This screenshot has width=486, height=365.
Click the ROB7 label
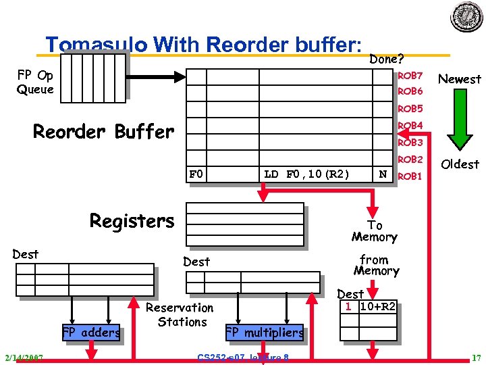(x=410, y=76)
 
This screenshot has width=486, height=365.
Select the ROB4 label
(x=410, y=126)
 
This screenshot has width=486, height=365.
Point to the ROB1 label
(x=410, y=176)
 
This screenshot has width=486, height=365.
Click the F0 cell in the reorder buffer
(x=196, y=174)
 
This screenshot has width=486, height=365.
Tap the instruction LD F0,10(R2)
(x=306, y=174)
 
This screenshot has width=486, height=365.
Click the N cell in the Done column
(x=383, y=174)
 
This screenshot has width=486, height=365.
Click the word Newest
(x=460, y=79)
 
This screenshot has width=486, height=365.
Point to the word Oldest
(x=460, y=164)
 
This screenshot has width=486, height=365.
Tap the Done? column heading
(x=387, y=59)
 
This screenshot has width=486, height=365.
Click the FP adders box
(x=90, y=332)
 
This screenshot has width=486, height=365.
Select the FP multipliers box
(x=265, y=333)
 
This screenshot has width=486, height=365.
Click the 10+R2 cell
(x=377, y=306)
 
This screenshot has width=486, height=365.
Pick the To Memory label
(x=375, y=231)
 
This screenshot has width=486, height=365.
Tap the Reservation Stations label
(x=180, y=315)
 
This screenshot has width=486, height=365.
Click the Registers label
(x=132, y=221)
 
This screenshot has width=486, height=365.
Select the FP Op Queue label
(x=35, y=82)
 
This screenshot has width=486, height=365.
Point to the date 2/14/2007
(x=23, y=358)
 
